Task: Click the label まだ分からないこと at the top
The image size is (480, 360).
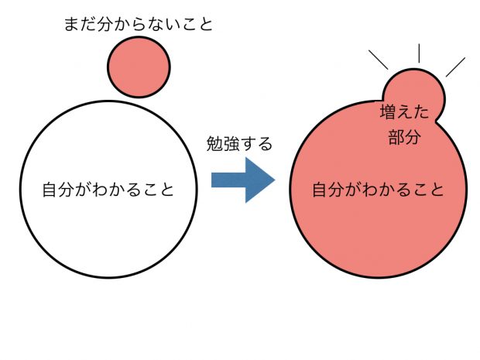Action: [x=139, y=24]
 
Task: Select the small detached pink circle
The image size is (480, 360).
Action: [x=139, y=67]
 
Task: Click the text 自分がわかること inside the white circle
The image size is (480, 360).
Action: [x=108, y=190]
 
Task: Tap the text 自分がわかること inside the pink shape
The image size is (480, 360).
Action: [x=378, y=190]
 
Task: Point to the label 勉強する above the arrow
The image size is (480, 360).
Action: [x=239, y=143]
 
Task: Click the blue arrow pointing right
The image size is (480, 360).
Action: [x=243, y=180]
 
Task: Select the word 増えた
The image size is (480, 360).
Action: [x=404, y=111]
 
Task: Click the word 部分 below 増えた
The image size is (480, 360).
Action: [x=404, y=137]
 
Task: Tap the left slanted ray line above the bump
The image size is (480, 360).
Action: [x=379, y=60]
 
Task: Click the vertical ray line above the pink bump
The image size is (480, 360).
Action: [x=419, y=53]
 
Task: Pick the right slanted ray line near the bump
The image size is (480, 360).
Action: [x=455, y=67]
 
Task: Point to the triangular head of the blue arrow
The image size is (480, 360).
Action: [x=260, y=180]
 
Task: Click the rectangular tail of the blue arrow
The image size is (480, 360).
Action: [x=228, y=180]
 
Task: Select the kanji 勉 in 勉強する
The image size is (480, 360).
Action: [x=214, y=143]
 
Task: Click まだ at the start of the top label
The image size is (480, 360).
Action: [x=81, y=24]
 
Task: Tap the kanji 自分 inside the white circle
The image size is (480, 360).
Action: [x=59, y=190]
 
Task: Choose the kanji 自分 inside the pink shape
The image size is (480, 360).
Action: [x=328, y=190]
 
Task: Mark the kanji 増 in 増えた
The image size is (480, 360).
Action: [x=388, y=111]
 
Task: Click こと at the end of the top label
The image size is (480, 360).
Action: [x=197, y=24]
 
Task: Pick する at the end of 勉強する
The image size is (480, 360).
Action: [x=256, y=143]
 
